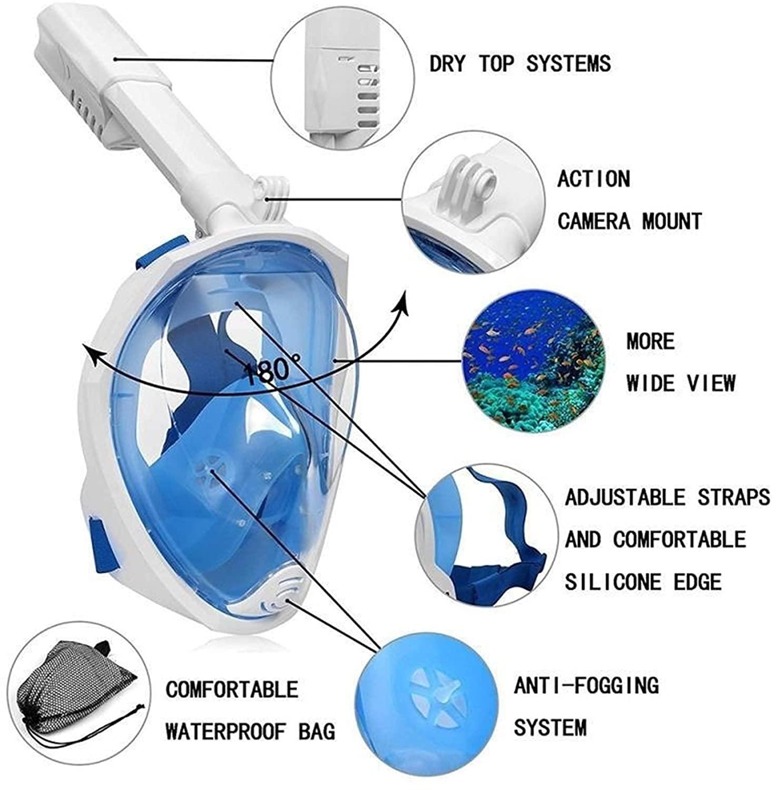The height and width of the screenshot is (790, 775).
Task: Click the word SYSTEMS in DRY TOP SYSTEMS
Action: pos(568,64)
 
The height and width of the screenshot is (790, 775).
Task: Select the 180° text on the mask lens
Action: pos(272,369)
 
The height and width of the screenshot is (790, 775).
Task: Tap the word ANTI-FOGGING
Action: pos(586,686)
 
